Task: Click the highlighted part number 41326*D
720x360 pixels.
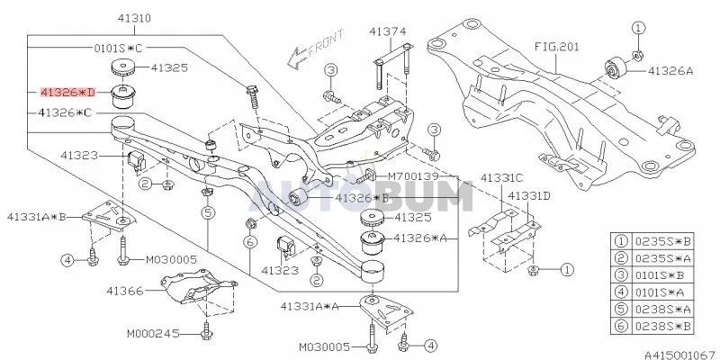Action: (x=66, y=92)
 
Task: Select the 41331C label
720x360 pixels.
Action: (x=504, y=178)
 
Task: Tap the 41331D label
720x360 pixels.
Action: (x=529, y=195)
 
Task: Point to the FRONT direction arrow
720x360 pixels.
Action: (x=301, y=53)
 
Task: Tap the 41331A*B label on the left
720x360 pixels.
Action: (x=37, y=216)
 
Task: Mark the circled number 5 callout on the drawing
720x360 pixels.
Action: (x=207, y=213)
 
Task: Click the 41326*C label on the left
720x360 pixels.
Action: (x=66, y=112)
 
